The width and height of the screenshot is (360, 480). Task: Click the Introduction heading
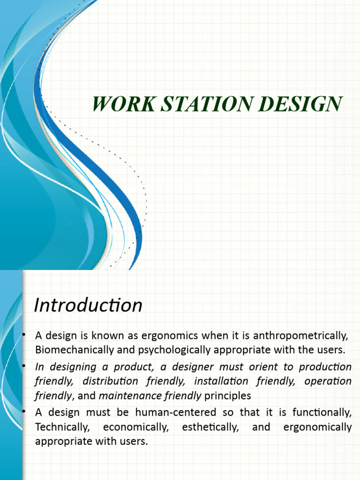coord(88,306)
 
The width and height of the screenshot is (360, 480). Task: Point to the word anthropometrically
coord(303,336)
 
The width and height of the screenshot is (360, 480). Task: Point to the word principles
coord(228,396)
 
